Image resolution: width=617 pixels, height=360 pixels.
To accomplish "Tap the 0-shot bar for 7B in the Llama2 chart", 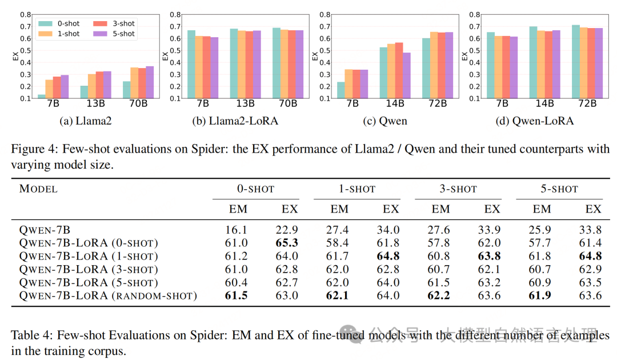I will pyautogui.click(x=42, y=96).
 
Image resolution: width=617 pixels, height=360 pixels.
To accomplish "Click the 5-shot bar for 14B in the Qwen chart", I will pyautogui.click(x=407, y=75).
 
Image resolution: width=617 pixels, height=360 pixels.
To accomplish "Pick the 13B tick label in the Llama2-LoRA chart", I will pyautogui.click(x=245, y=103).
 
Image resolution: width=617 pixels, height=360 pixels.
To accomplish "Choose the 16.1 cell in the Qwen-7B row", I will pyautogui.click(x=238, y=229).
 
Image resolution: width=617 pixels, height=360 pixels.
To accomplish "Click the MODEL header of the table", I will pyautogui.click(x=39, y=189).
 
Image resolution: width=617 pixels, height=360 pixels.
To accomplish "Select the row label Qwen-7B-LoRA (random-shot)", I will pyautogui.click(x=108, y=295).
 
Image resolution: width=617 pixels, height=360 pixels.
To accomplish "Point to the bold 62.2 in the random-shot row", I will pyautogui.click(x=440, y=295).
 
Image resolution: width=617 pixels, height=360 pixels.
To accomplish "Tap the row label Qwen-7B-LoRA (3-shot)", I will pyautogui.click(x=89, y=269).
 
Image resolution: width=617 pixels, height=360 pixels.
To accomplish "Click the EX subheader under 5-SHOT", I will pyautogui.click(x=593, y=209).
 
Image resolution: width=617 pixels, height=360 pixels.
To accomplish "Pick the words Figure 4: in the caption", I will pyautogui.click(x=31, y=149).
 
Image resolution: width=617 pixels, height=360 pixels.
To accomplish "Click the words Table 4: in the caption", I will pyautogui.click(x=29, y=335).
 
